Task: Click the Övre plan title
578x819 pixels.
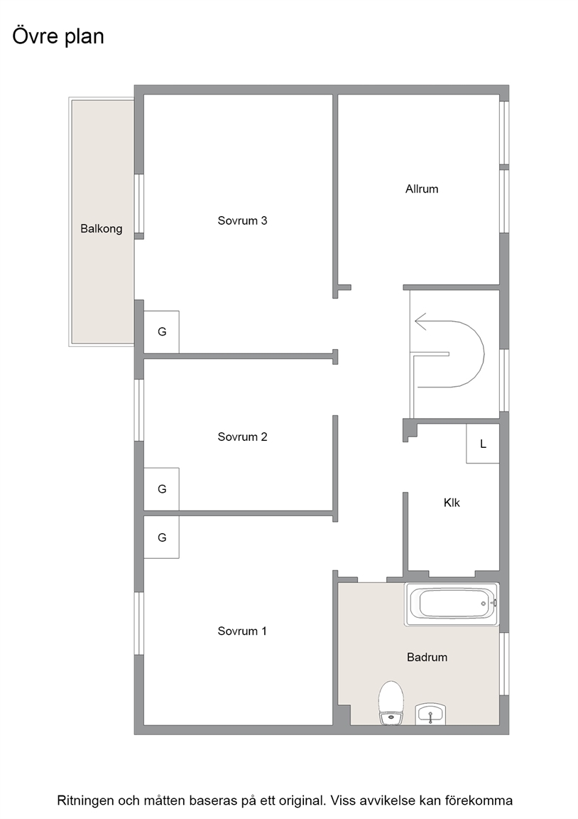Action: click(x=58, y=36)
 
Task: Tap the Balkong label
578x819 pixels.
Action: click(x=102, y=229)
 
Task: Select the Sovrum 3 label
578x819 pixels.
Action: click(x=242, y=220)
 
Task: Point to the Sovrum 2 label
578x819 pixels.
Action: click(x=242, y=437)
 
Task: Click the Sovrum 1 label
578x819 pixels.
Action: click(x=242, y=631)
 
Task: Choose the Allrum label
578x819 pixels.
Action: click(x=422, y=189)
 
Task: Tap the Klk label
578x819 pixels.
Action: click(x=452, y=503)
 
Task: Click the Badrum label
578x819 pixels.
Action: click(x=427, y=657)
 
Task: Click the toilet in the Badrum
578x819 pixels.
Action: click(x=391, y=702)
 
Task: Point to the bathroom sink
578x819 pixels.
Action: click(x=430, y=714)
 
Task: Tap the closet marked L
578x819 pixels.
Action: click(x=483, y=444)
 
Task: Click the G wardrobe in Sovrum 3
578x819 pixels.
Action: click(x=162, y=332)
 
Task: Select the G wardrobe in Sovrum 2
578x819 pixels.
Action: click(x=162, y=489)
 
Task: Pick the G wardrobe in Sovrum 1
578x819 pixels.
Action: click(x=162, y=537)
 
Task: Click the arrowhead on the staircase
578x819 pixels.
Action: click(x=420, y=322)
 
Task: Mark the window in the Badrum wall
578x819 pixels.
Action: click(x=504, y=663)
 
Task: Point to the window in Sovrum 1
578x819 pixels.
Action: click(x=138, y=623)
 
